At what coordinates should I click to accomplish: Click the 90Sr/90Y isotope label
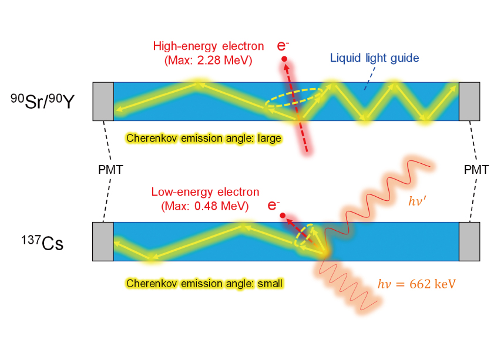(x=42, y=101)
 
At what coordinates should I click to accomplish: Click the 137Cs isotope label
(x=42, y=243)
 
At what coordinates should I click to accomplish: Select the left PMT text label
(x=110, y=170)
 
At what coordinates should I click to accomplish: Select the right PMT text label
(x=476, y=170)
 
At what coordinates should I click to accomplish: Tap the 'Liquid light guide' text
(x=374, y=58)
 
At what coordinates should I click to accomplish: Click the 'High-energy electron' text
(x=209, y=46)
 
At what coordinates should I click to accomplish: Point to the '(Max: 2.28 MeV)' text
(x=209, y=60)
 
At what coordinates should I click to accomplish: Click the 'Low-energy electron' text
(x=205, y=192)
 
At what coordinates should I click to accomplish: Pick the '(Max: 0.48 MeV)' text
(x=205, y=206)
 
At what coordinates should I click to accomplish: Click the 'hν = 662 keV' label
(x=416, y=284)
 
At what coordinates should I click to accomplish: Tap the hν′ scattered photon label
(x=418, y=201)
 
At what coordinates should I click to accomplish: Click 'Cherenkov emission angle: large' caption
(x=203, y=138)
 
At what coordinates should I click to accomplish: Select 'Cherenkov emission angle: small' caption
(x=204, y=283)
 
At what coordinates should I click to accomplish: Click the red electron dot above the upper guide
(x=284, y=59)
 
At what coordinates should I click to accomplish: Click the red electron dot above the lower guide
(x=283, y=216)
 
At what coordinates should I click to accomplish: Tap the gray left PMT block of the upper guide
(x=103, y=102)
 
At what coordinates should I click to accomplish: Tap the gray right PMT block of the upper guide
(x=469, y=102)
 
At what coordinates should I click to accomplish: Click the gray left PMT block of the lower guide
(x=103, y=241)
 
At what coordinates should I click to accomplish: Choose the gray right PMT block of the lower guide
(x=469, y=241)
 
